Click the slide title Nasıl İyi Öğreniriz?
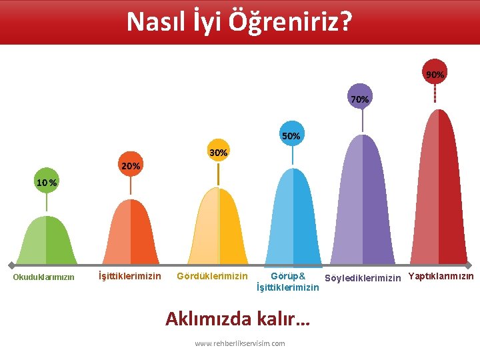[239, 21]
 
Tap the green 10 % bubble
[46, 181]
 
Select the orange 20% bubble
[130, 165]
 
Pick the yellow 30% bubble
[218, 153]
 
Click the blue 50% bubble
[291, 135]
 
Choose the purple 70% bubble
[360, 98]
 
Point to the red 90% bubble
[435, 74]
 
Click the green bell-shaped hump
[46, 240]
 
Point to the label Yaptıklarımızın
[441, 276]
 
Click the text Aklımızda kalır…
[237, 318]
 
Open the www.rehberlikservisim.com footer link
[239, 343]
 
